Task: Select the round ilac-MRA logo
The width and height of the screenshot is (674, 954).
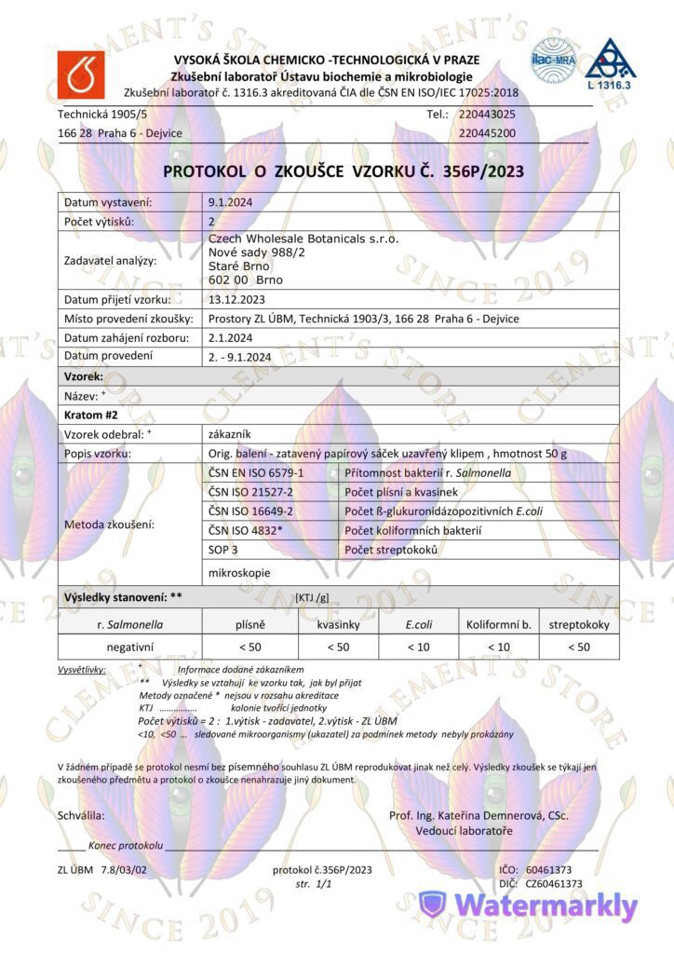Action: click(555, 58)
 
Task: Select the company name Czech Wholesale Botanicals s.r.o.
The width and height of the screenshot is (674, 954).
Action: click(304, 239)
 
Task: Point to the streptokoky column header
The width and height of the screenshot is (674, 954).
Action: click(579, 624)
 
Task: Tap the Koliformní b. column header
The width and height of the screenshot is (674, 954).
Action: click(498, 624)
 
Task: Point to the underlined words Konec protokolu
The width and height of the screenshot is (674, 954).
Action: click(126, 846)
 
